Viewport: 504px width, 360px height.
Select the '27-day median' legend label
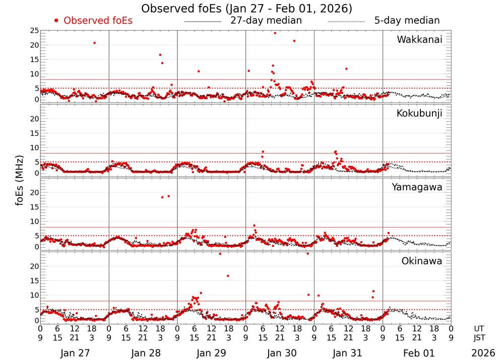point(266,21)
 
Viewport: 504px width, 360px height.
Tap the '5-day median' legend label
point(407,21)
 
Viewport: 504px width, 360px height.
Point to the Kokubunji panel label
point(419,113)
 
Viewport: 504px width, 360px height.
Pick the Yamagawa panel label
point(417,188)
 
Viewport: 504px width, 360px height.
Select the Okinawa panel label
point(421,261)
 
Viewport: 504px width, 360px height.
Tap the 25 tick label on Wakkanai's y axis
point(34,31)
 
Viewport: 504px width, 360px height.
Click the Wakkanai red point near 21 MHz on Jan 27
point(94,43)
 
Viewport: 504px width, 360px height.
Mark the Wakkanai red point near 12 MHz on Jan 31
point(346,69)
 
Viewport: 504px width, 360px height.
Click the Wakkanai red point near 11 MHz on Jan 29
point(199,71)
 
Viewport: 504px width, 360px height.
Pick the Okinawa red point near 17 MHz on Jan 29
point(228,276)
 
